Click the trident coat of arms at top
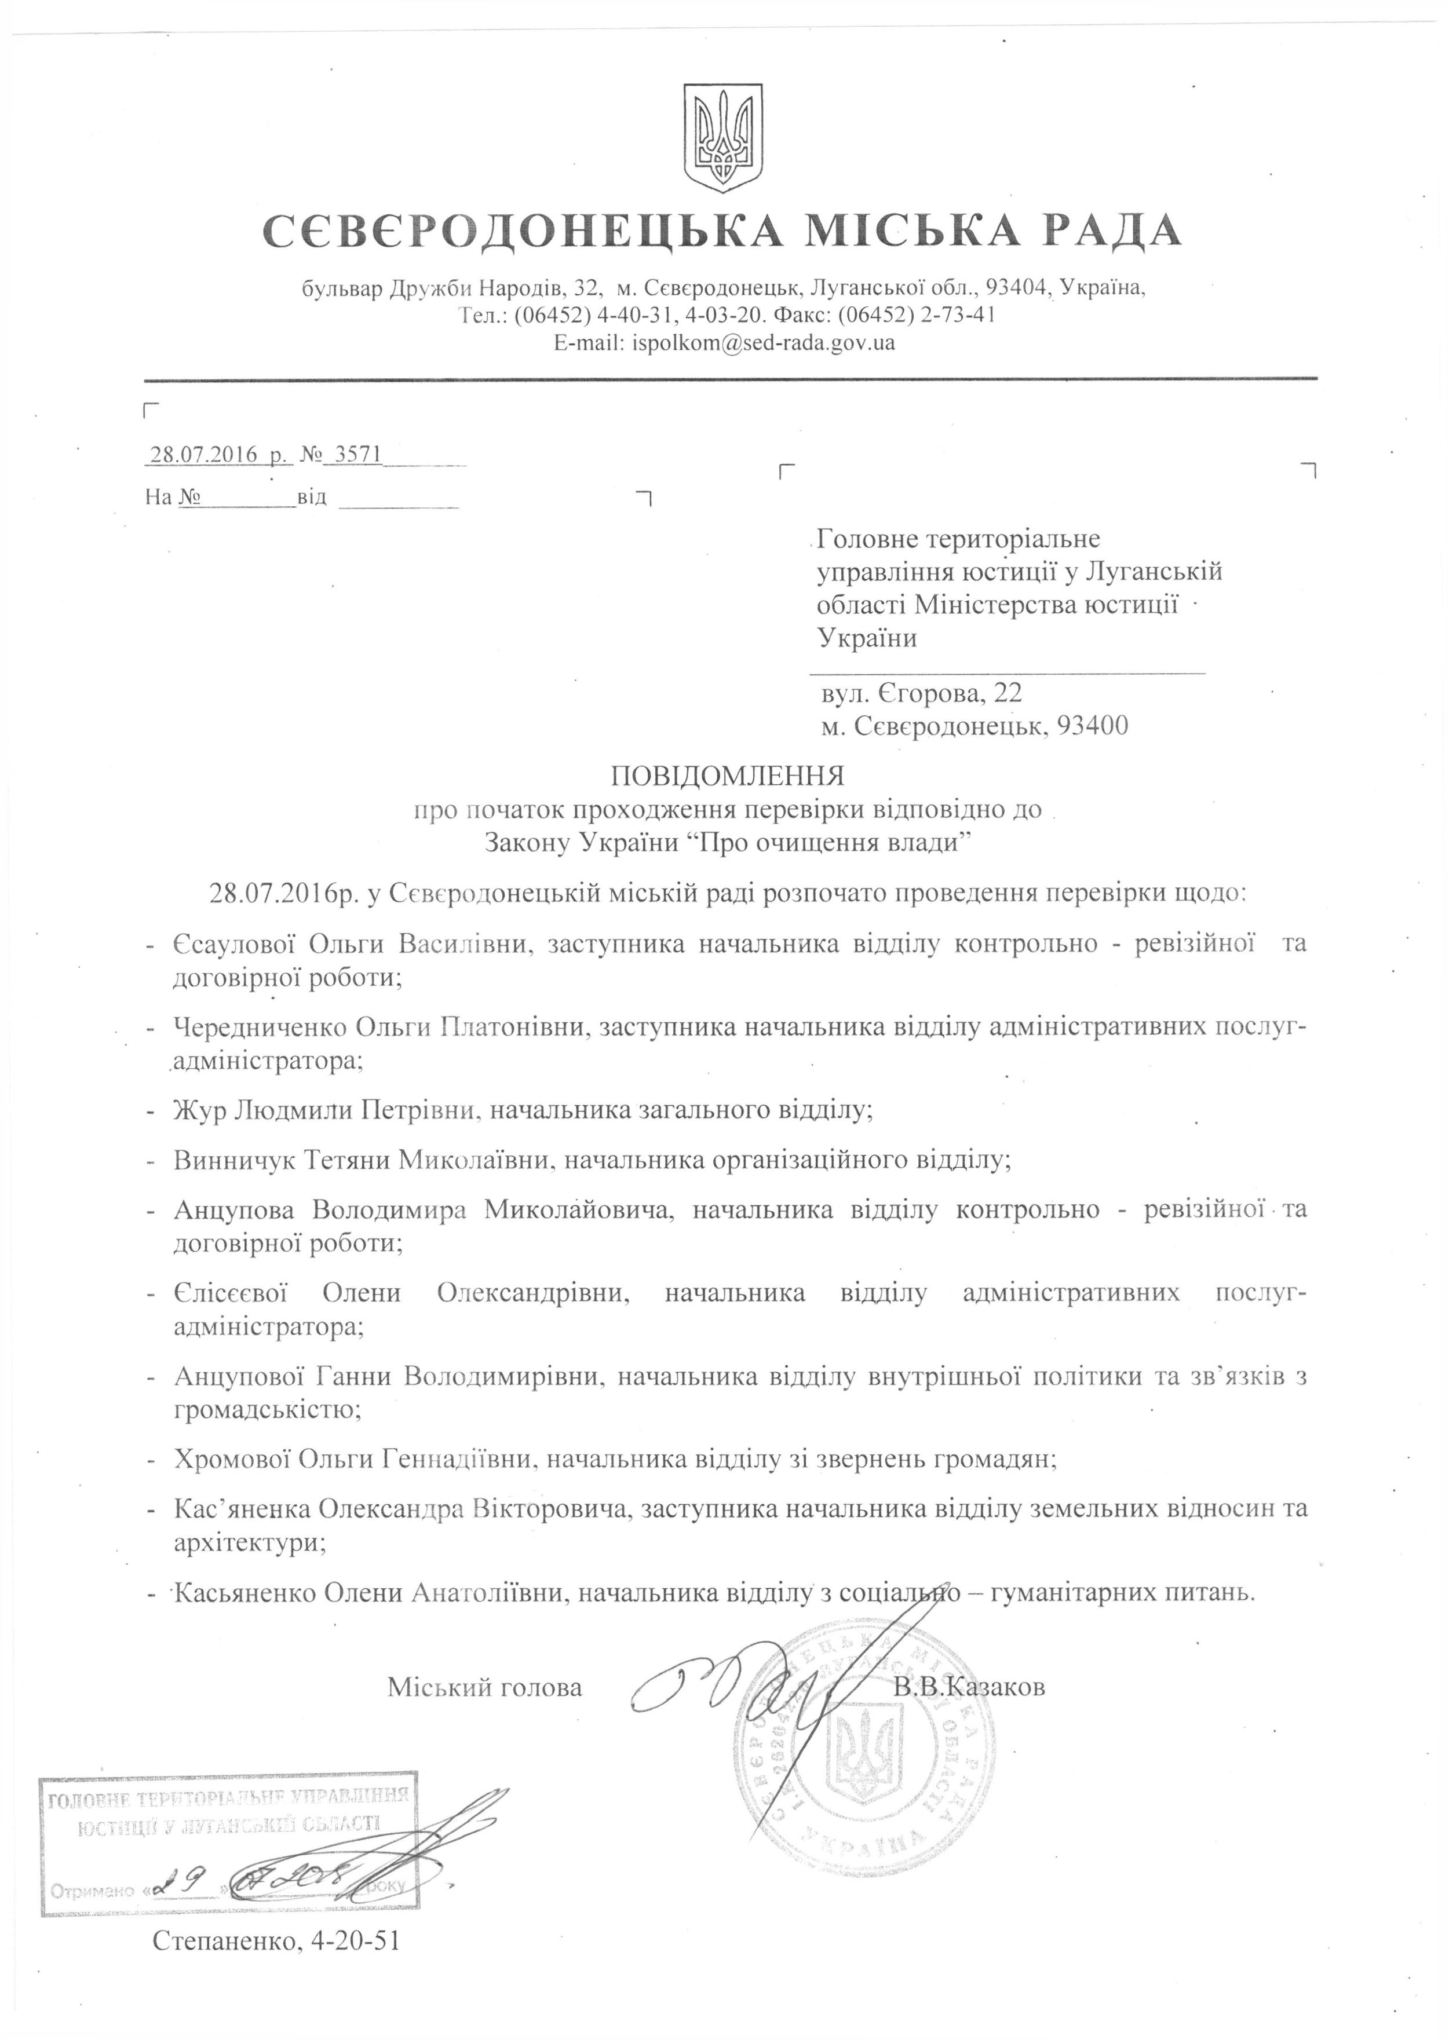[722, 135]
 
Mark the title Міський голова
[484, 1687]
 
